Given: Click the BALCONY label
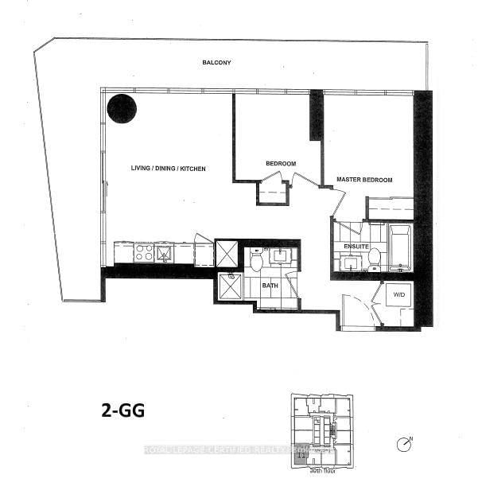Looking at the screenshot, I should (x=216, y=62).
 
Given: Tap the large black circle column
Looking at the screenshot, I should (x=122, y=108).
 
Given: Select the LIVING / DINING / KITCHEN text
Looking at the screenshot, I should (x=169, y=169).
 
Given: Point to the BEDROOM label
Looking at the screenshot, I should (x=281, y=164).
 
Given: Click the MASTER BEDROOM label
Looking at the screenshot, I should (x=364, y=180).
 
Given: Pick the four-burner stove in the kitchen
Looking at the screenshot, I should (x=144, y=253).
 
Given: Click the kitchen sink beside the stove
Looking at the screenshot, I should (x=165, y=254).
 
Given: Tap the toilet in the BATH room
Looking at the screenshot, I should (x=256, y=260).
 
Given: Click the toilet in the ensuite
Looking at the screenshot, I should (x=374, y=256).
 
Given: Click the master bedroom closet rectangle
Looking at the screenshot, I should (x=390, y=208).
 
